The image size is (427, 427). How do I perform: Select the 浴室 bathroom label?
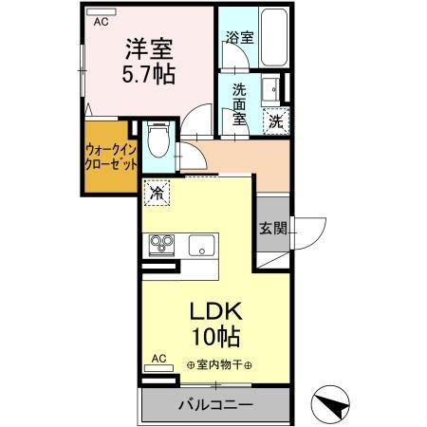coord(238,38)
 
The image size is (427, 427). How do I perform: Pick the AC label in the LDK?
coord(158,359)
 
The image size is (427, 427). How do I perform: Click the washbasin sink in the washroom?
coord(268,88)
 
